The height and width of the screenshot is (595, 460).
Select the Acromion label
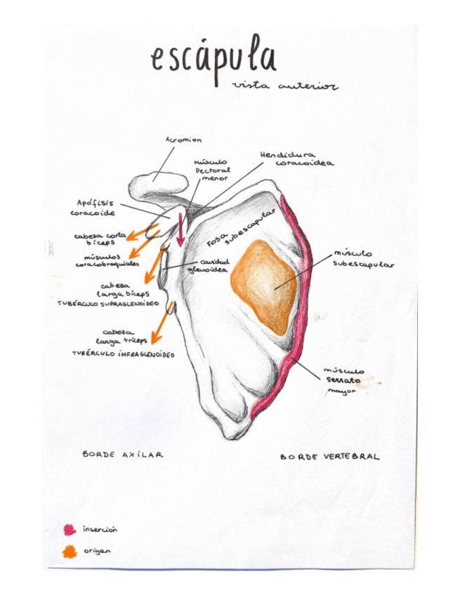tap(183, 140)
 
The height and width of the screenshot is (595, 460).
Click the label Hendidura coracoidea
tap(296, 159)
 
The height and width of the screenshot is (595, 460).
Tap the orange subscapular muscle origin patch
tap(263, 286)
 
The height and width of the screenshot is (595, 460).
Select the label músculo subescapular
tap(362, 259)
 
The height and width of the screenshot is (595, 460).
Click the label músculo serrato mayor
tap(343, 380)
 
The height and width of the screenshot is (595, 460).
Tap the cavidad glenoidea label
tap(209, 265)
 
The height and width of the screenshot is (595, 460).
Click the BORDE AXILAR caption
tap(123, 455)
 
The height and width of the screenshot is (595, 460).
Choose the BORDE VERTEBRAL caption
tap(329, 457)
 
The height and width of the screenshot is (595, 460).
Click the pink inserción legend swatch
tap(70, 529)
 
